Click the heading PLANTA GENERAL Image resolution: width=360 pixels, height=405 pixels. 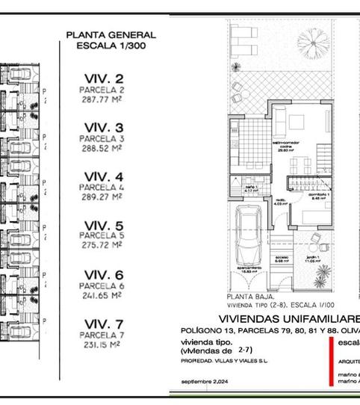[111, 35]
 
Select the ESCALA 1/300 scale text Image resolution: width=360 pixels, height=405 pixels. [111, 46]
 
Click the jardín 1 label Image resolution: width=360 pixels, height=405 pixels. [312, 260]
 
